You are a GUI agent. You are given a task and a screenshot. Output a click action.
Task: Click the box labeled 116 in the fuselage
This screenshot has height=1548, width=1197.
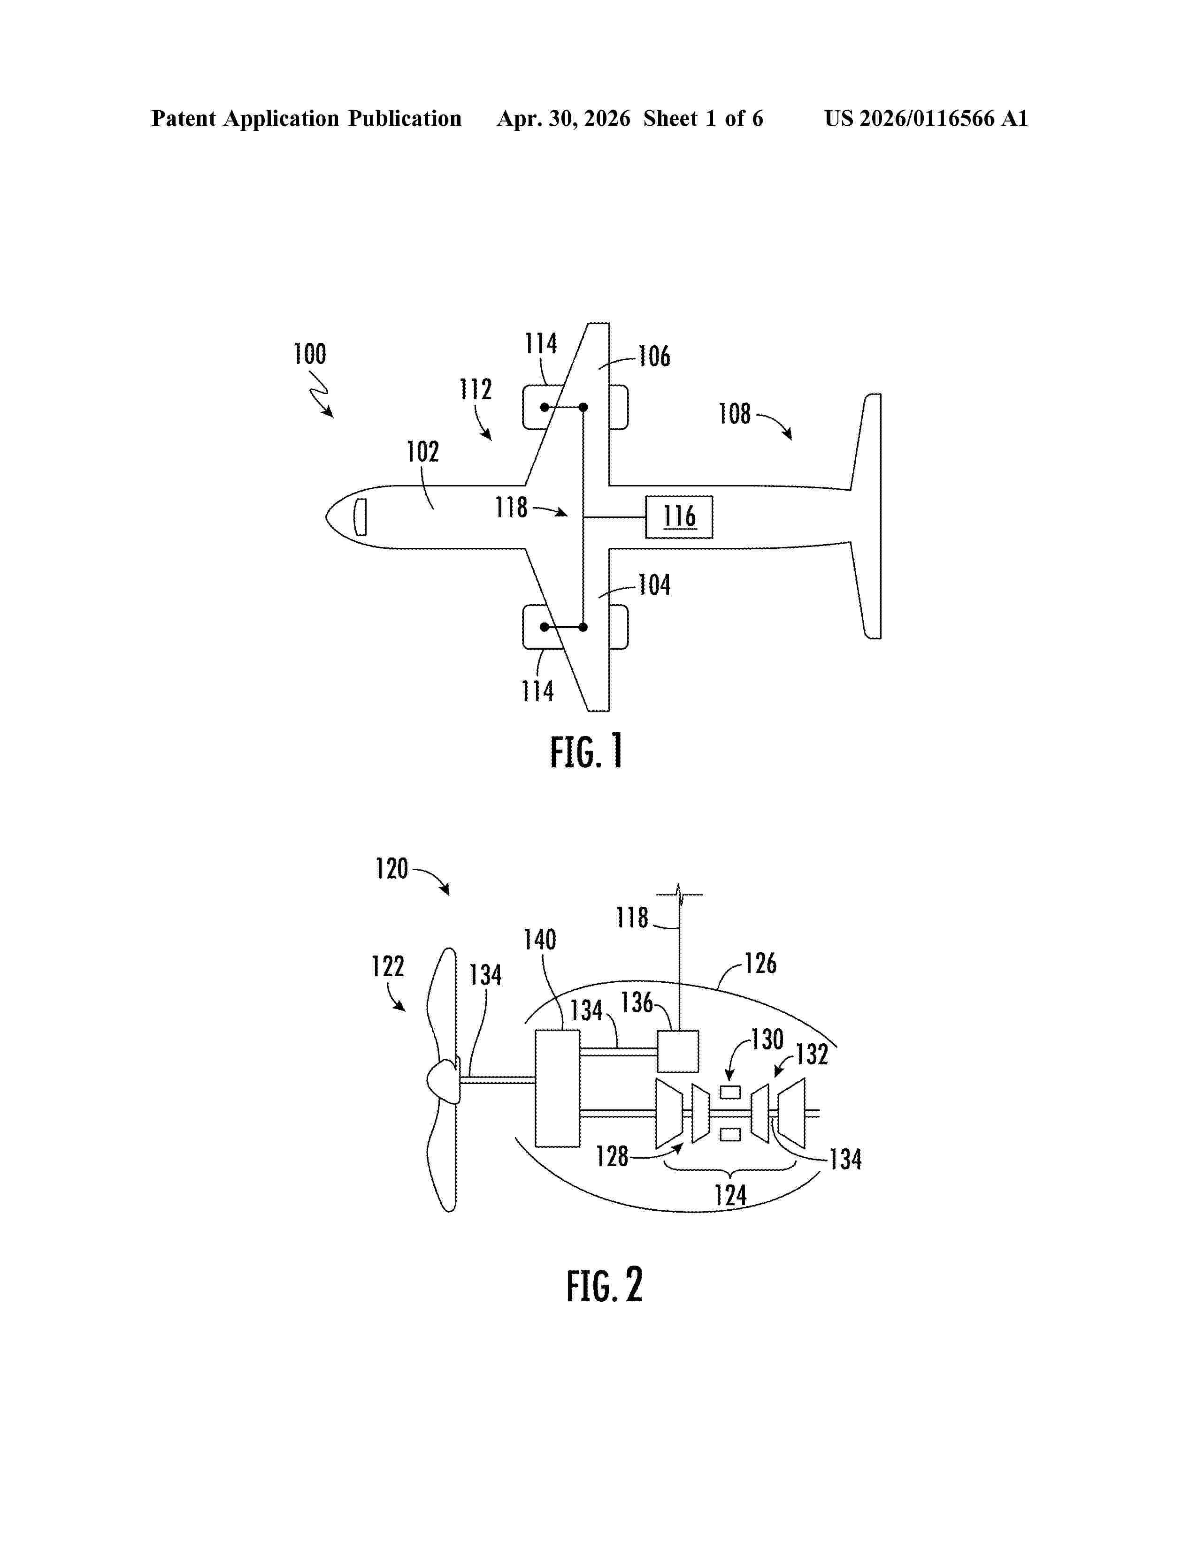(679, 517)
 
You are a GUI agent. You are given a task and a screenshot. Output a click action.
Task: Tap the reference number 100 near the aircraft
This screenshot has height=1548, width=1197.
(310, 354)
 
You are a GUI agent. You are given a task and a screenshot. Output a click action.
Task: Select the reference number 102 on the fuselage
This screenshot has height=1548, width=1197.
(422, 451)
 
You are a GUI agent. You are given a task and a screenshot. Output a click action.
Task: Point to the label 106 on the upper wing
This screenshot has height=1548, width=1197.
(654, 357)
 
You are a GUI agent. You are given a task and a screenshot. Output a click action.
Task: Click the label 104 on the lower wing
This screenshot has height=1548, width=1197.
(654, 585)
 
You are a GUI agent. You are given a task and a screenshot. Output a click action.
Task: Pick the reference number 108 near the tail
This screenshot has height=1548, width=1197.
(735, 414)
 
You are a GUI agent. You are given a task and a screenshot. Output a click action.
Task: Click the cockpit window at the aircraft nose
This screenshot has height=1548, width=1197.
(360, 517)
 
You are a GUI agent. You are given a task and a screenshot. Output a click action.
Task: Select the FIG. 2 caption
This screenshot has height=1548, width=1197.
(604, 1285)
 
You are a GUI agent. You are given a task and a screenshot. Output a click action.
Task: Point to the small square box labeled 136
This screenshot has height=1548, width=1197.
(679, 1051)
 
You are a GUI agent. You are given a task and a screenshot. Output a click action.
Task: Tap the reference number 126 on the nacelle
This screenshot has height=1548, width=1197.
(760, 963)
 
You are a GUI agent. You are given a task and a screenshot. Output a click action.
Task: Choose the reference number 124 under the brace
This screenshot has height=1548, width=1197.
(730, 1196)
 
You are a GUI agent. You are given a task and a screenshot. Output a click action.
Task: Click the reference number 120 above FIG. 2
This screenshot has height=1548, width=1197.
(392, 869)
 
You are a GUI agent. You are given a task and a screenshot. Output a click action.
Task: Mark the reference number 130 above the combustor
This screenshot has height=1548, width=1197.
(767, 1040)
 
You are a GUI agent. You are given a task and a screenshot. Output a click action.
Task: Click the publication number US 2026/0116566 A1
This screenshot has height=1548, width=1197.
(926, 118)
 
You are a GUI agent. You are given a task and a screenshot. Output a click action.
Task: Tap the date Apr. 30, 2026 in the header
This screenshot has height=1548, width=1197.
(564, 118)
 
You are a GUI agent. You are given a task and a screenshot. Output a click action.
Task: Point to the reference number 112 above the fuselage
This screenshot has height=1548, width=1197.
(475, 389)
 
